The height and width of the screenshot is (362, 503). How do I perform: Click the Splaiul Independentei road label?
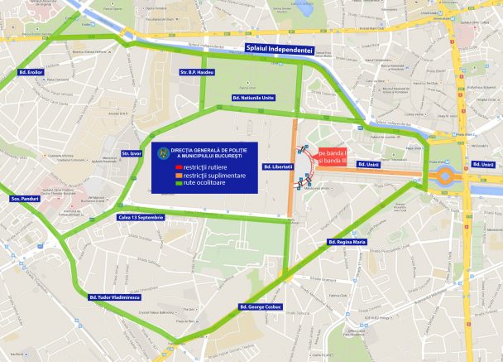[285, 49]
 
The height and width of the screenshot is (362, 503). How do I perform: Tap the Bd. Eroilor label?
[30, 72]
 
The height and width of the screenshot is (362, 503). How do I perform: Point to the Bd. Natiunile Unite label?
[252, 99]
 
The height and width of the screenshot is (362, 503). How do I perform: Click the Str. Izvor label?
[132, 153]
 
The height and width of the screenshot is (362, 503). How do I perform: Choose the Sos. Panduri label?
[26, 199]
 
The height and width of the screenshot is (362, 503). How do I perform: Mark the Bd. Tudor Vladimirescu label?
[114, 297]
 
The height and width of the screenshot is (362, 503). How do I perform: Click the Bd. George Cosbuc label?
[261, 306]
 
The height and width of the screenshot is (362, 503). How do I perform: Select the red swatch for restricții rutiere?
[175, 168]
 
